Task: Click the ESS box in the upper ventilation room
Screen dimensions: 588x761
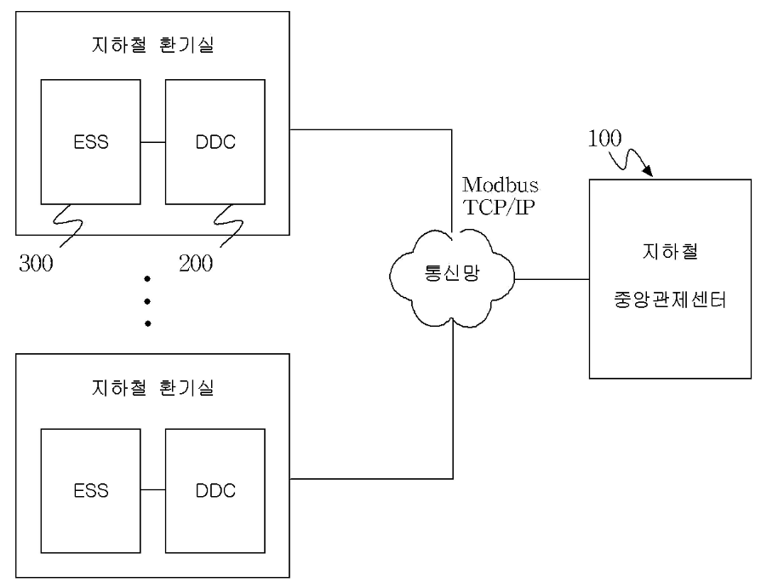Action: [x=90, y=141]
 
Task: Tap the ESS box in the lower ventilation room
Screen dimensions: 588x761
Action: [x=90, y=491]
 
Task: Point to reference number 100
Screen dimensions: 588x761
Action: [x=604, y=139]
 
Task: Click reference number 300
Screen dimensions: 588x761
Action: [x=36, y=262]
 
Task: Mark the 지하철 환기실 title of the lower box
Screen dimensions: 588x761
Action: [x=152, y=388]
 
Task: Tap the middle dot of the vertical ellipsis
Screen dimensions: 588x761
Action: [x=147, y=300]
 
